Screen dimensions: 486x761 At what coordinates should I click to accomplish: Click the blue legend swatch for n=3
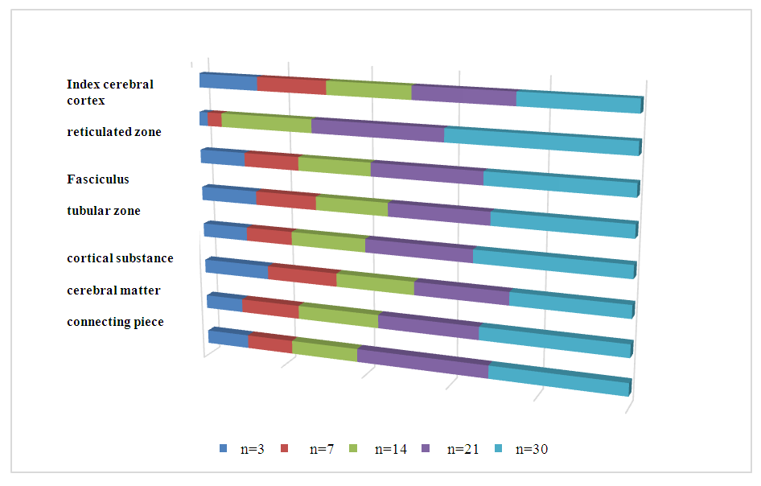222,448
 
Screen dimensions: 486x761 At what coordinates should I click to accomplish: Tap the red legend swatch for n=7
288,448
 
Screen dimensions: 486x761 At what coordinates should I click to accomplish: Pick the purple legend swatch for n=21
426,448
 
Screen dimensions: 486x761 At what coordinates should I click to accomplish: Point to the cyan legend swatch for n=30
498,448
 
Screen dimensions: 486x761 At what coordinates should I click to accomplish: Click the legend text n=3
253,448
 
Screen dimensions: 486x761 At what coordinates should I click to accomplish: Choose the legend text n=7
323,448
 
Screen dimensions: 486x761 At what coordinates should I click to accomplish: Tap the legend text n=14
389,448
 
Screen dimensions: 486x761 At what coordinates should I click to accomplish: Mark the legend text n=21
462,448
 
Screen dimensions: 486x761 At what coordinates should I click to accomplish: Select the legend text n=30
532,448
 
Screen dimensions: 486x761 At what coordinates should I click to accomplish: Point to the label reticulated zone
113,131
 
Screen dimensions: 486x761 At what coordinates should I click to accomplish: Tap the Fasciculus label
97,179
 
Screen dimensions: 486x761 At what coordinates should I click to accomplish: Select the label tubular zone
103,211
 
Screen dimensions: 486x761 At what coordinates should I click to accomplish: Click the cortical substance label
120,258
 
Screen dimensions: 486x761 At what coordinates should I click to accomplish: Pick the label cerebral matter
113,290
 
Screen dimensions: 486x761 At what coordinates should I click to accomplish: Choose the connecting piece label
115,322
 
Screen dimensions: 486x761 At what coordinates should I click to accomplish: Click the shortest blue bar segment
204,118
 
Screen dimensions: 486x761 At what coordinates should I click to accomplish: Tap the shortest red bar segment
214,120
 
